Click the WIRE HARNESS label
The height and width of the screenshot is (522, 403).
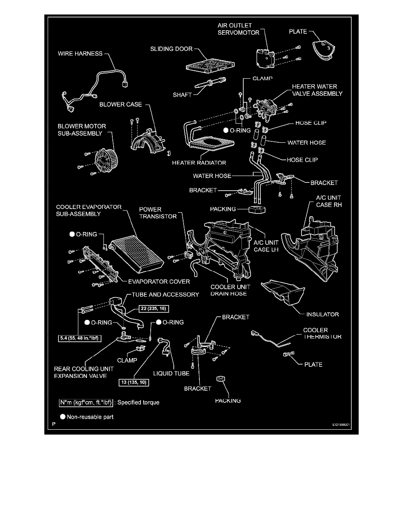click(x=80, y=54)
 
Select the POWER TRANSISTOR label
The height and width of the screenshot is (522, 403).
click(x=158, y=213)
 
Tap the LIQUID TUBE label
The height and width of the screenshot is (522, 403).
click(x=171, y=373)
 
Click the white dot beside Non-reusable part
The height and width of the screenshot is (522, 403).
click(x=63, y=417)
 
